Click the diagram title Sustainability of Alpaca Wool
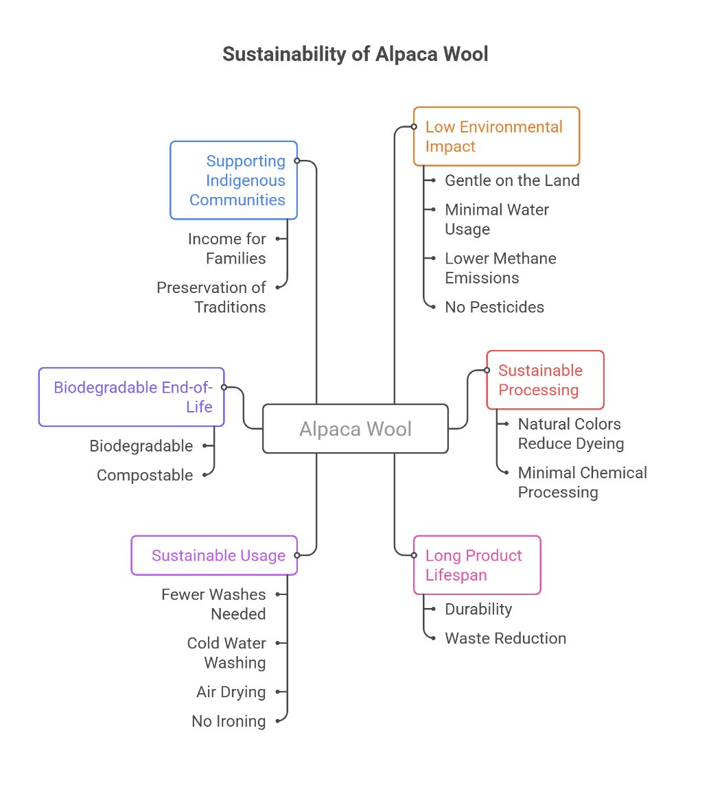pyautogui.click(x=355, y=55)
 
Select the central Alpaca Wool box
pyautogui.click(x=355, y=429)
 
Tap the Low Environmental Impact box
pyautogui.click(x=496, y=137)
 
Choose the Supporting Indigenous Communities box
pyautogui.click(x=233, y=180)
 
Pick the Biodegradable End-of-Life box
pyautogui.click(x=132, y=397)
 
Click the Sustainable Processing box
pyautogui.click(x=545, y=380)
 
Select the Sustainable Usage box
pyautogui.click(x=214, y=555)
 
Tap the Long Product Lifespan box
pyautogui.click(x=477, y=565)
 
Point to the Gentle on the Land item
pyautogui.click(x=512, y=180)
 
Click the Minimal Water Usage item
pyautogui.click(x=497, y=219)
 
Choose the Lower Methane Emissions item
pyautogui.click(x=500, y=268)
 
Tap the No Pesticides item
pyautogui.click(x=494, y=307)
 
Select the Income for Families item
pyautogui.click(x=227, y=248)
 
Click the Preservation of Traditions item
pyautogui.click(x=211, y=297)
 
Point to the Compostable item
pyautogui.click(x=145, y=475)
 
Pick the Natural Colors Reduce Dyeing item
pyautogui.click(x=570, y=434)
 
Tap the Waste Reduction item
pyautogui.click(x=505, y=638)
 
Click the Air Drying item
pyautogui.click(x=231, y=692)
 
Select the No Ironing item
pyautogui.click(x=229, y=721)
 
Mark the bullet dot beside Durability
pyautogui.click(x=433, y=609)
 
